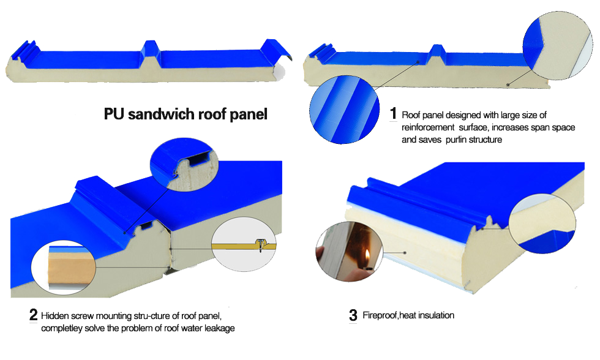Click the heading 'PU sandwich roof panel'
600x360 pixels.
(186, 114)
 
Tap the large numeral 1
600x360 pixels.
(394, 114)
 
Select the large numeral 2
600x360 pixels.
(34, 316)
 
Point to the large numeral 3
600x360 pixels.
(353, 316)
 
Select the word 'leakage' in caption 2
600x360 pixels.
(217, 329)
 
